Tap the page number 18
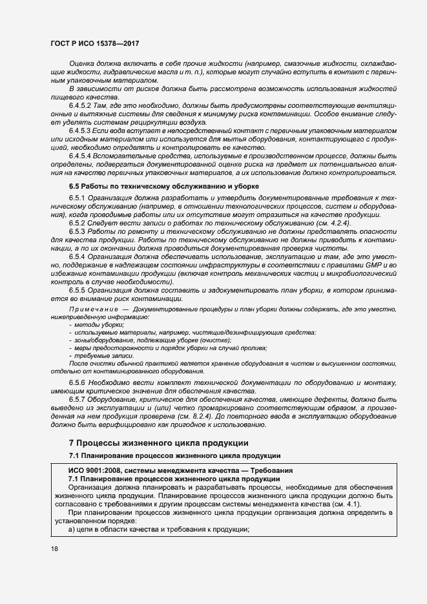54,549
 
